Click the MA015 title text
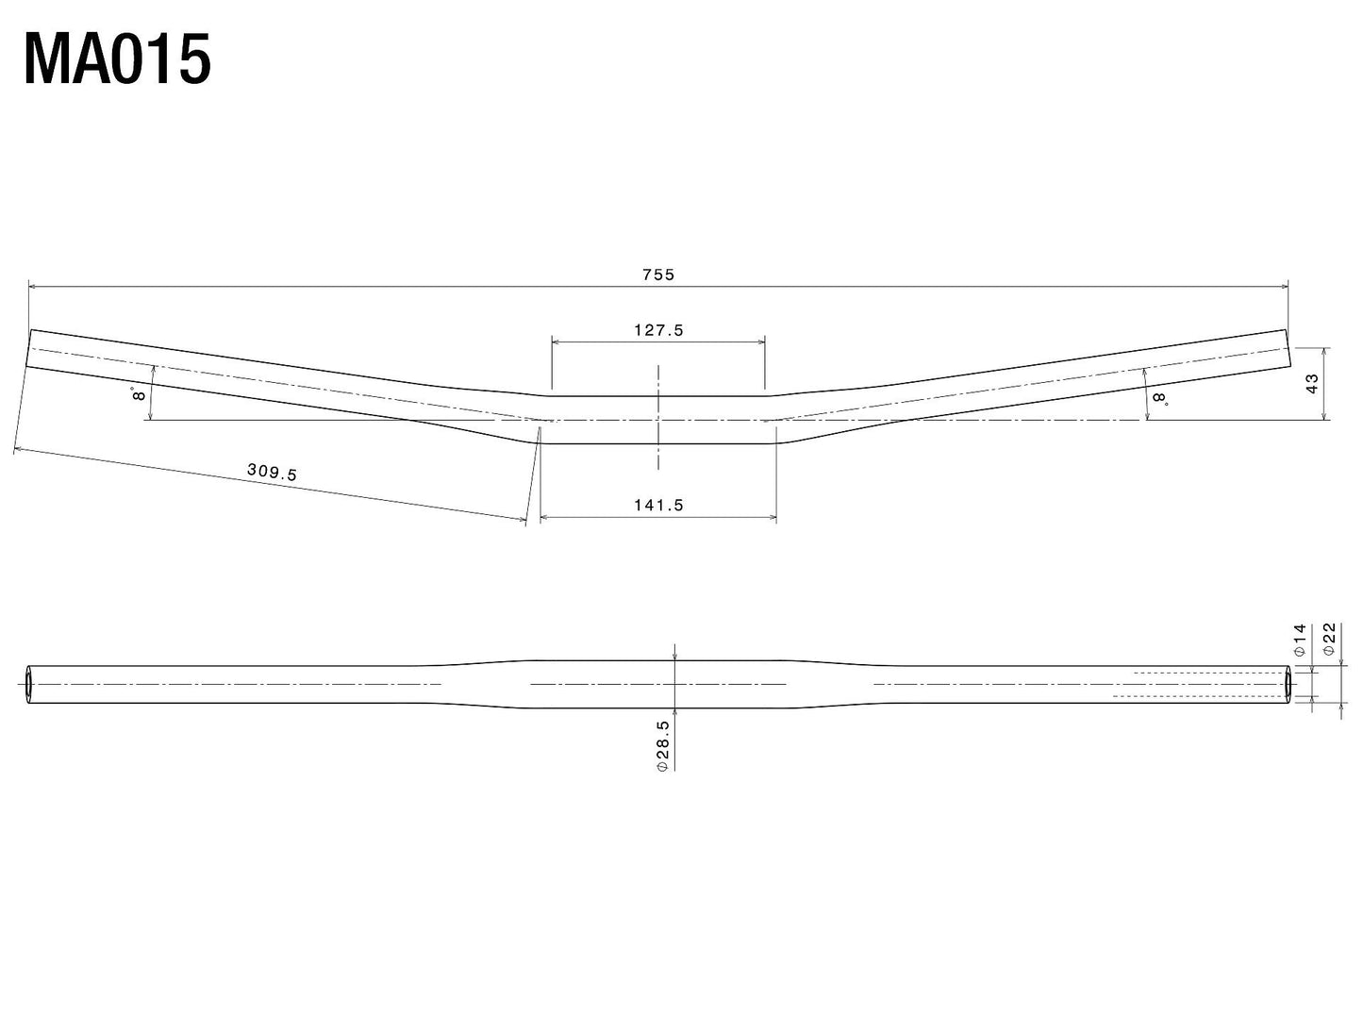[117, 60]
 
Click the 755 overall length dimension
[658, 275]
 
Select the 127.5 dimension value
[658, 330]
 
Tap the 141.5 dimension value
[658, 505]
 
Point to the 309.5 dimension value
[272, 472]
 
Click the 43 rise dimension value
[1312, 383]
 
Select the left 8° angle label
[140, 393]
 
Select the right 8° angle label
[1159, 399]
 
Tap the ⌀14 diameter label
[1299, 640]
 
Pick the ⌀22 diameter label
[1329, 640]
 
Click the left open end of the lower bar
[27, 683]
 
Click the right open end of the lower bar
[1288, 683]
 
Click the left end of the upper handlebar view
[30, 350]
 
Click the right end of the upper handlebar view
[1287, 349]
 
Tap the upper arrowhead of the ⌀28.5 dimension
[674, 654]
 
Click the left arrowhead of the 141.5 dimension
[544, 517]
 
